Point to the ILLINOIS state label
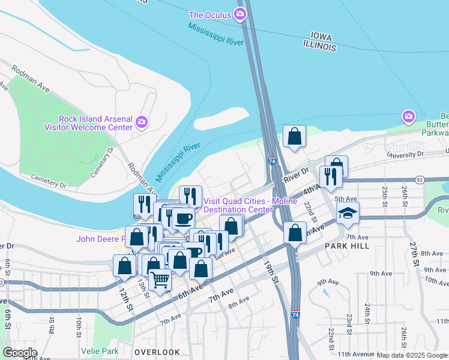[x=319, y=46]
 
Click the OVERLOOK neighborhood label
[x=157, y=352]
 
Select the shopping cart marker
[x=160, y=279]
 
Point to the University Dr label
[x=405, y=155]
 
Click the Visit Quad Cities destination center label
[x=250, y=205]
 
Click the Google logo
[x=20, y=353]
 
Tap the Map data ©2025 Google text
[x=412, y=355]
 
